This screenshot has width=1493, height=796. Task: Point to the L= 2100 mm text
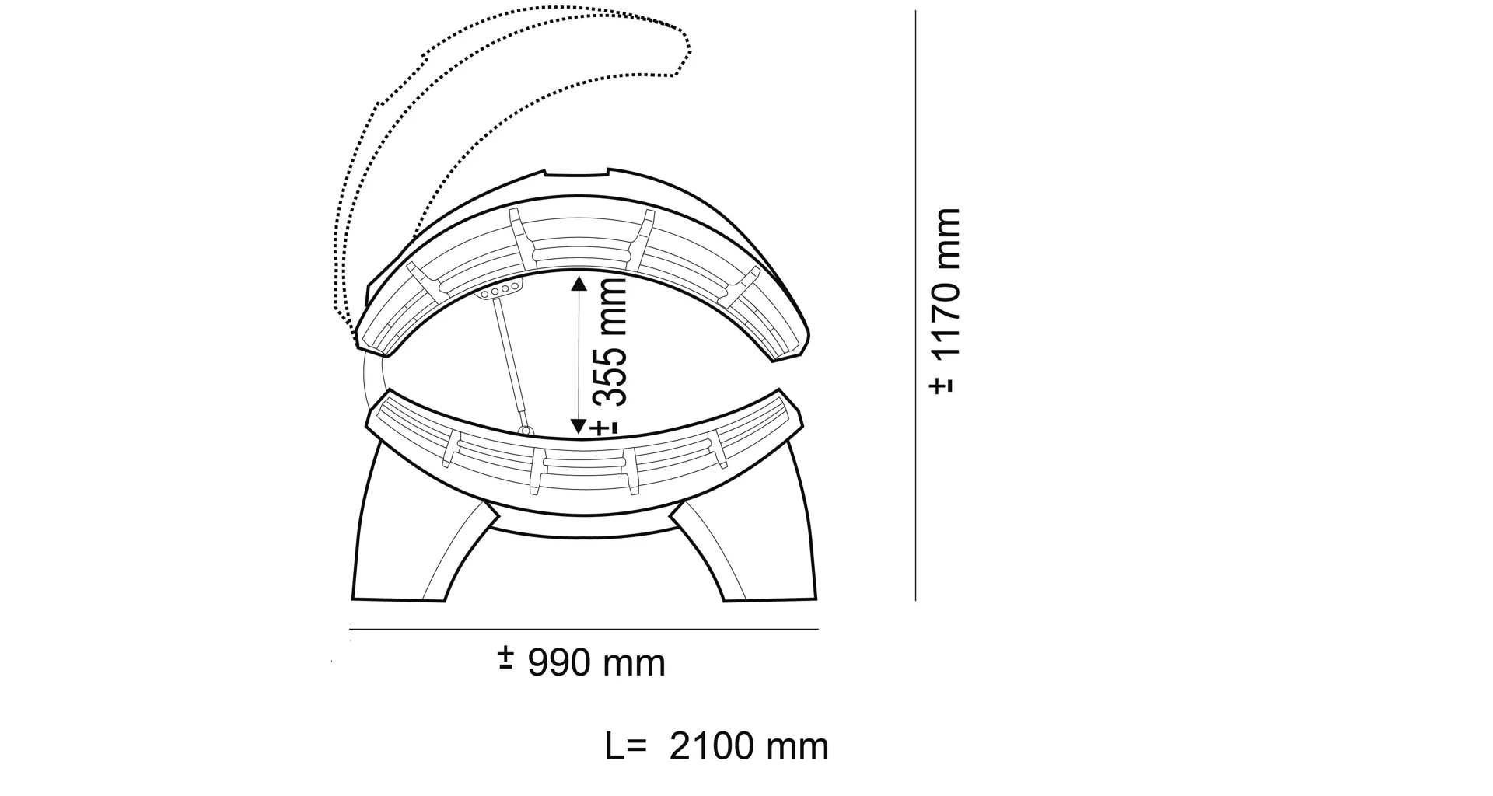(x=716, y=746)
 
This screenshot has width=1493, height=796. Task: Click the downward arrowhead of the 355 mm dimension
(x=579, y=427)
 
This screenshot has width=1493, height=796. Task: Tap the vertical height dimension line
(x=915, y=305)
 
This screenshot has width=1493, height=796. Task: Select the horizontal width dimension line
(x=583, y=629)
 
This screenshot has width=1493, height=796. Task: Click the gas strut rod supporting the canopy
(x=509, y=364)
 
